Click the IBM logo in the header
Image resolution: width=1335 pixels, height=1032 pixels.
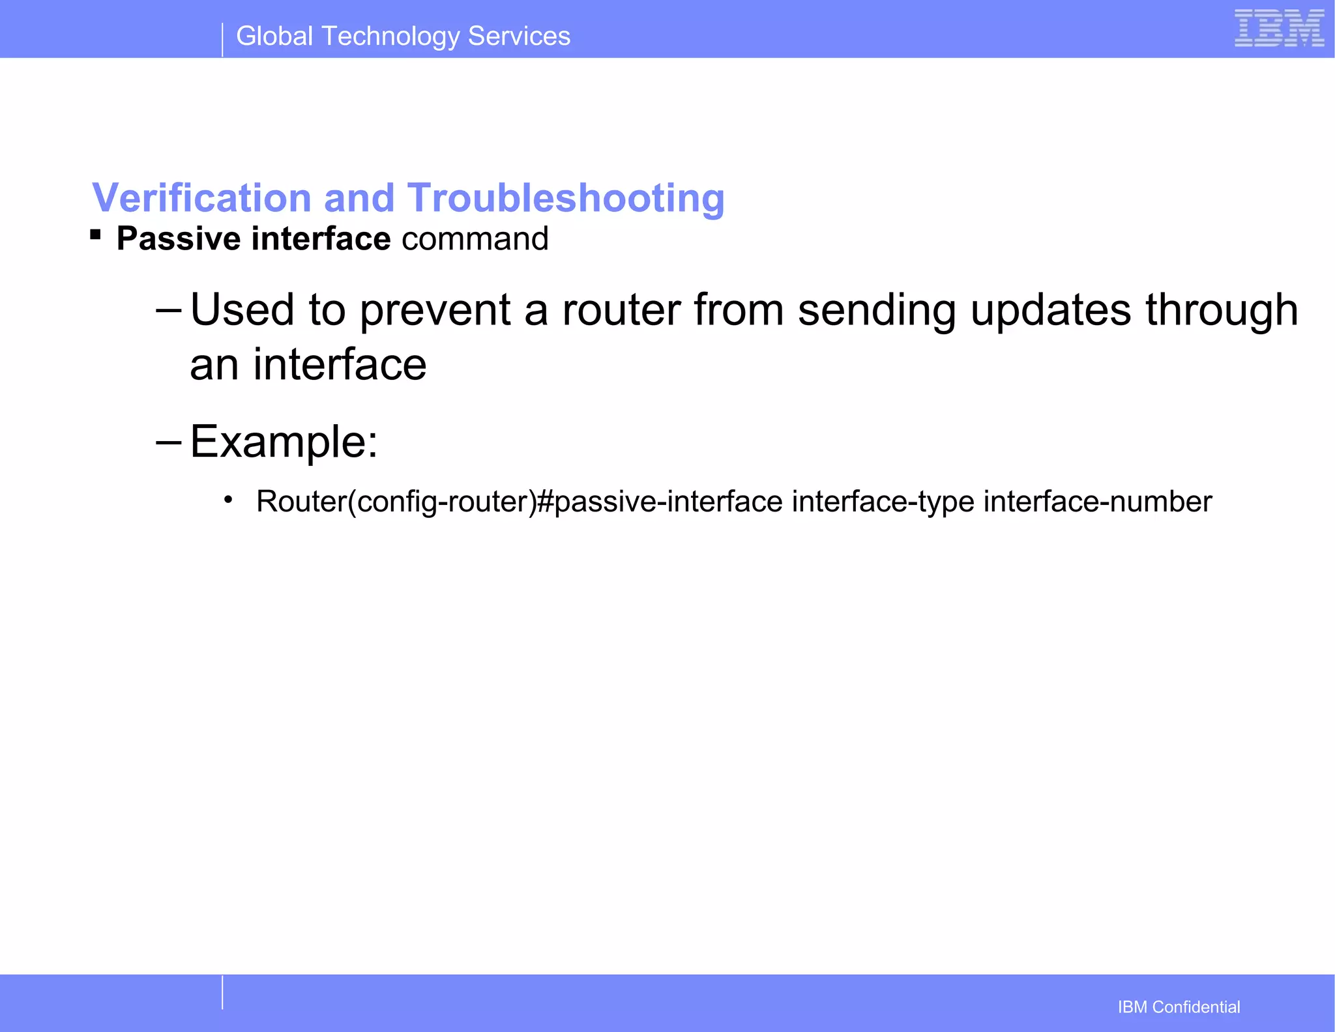click(1279, 29)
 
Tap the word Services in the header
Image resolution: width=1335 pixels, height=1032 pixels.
click(519, 36)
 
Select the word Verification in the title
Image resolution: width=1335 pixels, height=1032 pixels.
click(201, 197)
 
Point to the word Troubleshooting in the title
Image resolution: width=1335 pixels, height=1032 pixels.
click(566, 198)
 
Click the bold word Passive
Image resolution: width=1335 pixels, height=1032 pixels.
click(178, 238)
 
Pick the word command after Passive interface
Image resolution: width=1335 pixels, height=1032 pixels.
click(475, 238)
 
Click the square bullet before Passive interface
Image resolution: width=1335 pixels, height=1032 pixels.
click(96, 235)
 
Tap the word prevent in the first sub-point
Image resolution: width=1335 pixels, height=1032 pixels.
click(435, 310)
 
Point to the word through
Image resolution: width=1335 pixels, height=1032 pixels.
click(1222, 310)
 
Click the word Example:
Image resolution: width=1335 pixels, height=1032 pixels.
click(284, 442)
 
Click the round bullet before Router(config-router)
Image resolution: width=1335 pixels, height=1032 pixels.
click(227, 500)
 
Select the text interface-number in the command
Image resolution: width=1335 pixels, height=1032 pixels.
click(1098, 502)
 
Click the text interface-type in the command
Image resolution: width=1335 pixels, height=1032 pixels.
click(883, 502)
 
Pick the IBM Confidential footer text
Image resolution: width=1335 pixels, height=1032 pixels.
click(1179, 1007)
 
